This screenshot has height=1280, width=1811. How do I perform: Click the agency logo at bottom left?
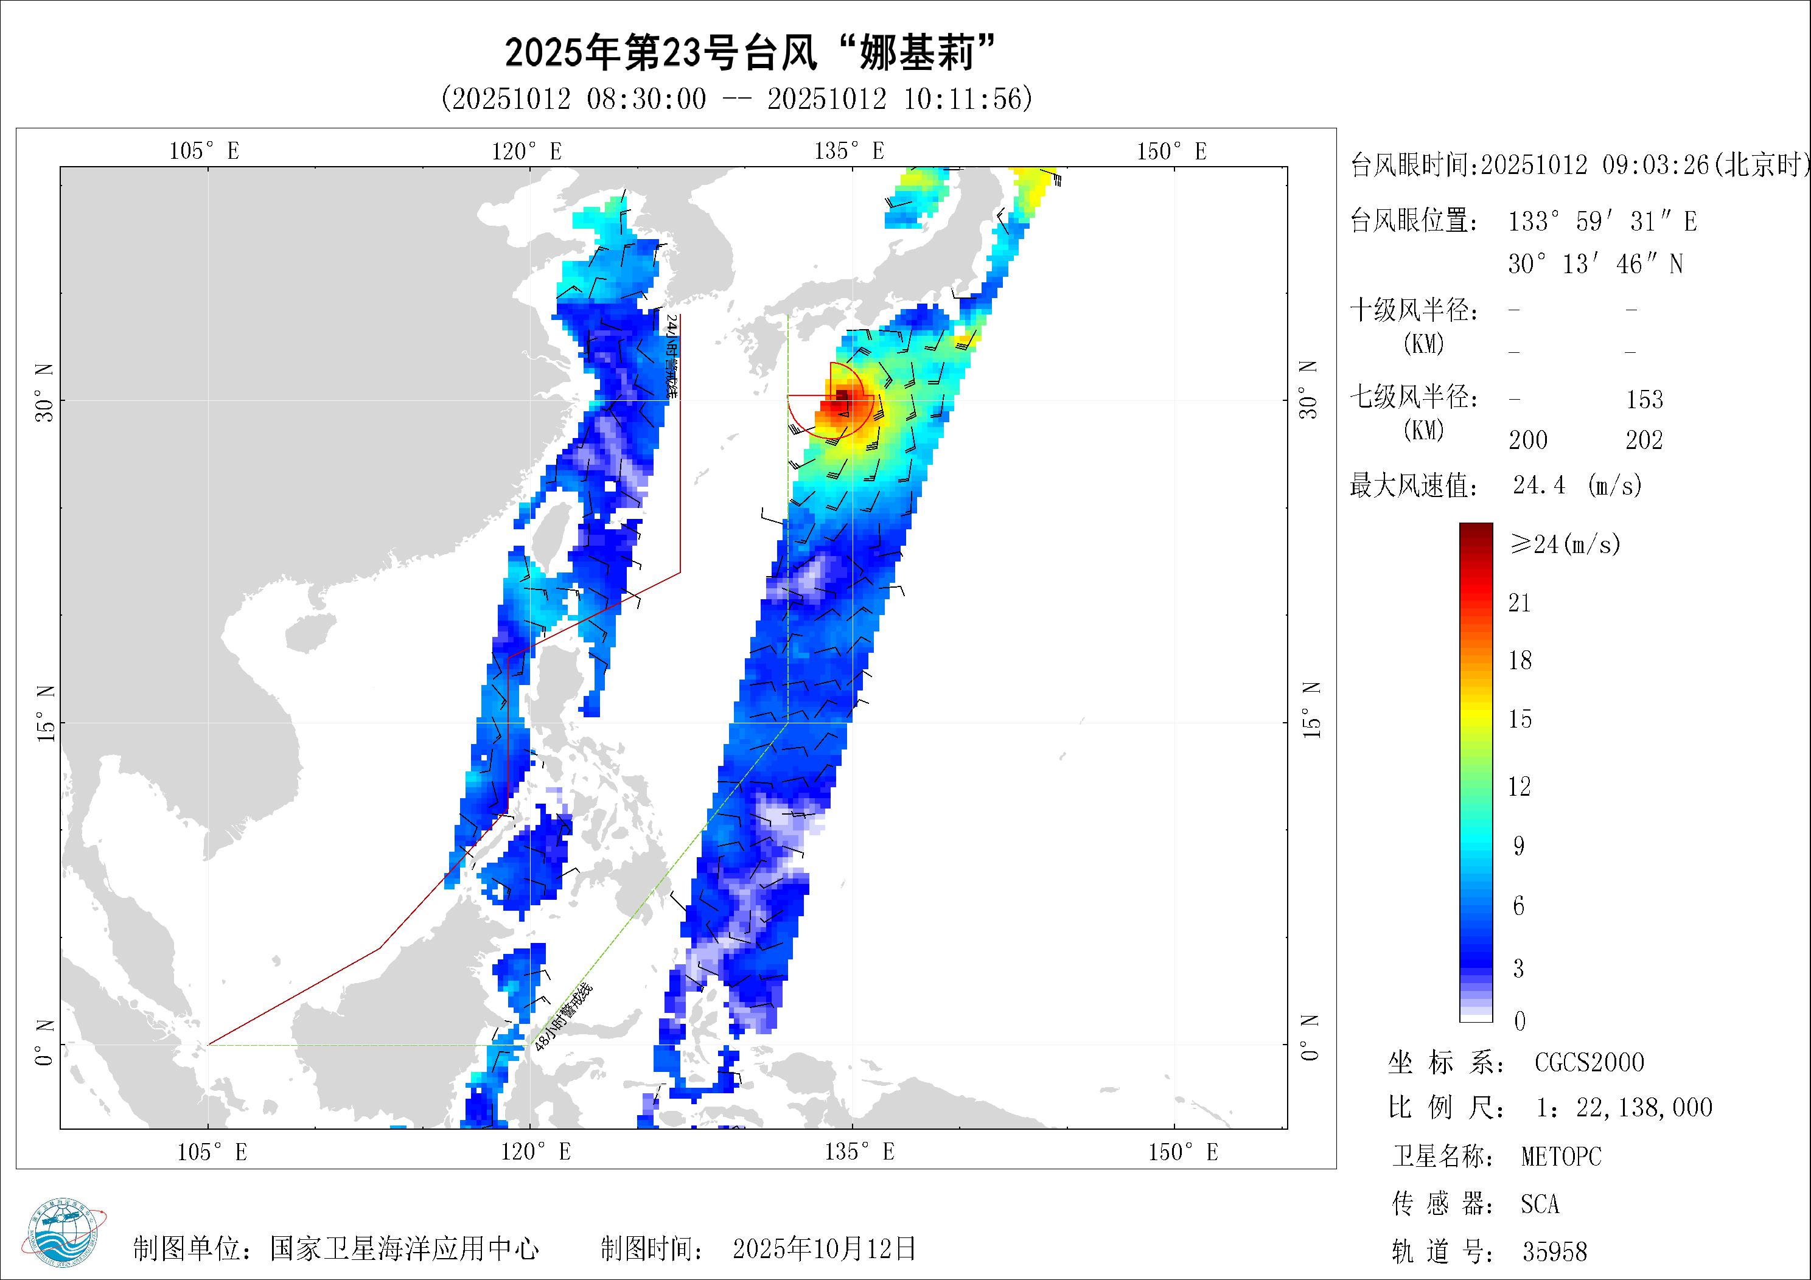69,1236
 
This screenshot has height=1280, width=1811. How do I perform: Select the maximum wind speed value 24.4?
1539,485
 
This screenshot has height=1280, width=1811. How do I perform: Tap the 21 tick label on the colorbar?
1519,603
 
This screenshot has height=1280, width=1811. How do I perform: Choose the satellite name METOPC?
1561,1157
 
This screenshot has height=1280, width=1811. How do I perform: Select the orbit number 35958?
1555,1251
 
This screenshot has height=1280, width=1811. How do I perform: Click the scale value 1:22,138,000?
1624,1108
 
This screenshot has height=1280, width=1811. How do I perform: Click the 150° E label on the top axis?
1171,151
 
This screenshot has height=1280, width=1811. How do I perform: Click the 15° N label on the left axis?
45,713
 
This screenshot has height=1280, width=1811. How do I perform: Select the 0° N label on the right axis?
1310,1038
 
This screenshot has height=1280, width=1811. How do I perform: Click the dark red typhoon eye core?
842,395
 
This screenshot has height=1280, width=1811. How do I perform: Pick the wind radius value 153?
1645,399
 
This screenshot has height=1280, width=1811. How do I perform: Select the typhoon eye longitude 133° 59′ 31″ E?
1602,221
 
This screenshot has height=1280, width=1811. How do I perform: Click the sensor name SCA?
1540,1205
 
